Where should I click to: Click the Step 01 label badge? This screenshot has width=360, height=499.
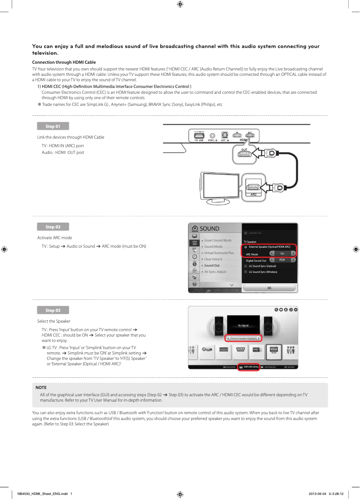(53, 127)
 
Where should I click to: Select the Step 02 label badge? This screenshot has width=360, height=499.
(53, 227)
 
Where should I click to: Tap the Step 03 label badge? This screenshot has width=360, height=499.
(53, 311)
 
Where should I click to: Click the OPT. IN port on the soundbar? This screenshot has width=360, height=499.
(225, 136)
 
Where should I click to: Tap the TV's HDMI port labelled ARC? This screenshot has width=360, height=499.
(253, 188)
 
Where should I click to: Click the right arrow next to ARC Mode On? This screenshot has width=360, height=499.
(293, 254)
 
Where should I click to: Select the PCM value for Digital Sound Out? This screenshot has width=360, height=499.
(282, 260)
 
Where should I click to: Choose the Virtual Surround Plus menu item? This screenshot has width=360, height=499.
(219, 253)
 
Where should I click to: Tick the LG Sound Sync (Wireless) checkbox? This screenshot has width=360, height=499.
(246, 272)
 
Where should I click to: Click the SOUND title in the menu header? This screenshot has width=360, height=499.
(210, 229)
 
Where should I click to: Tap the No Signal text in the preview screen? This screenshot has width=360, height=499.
(243, 325)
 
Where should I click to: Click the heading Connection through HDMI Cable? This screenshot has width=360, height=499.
(64, 62)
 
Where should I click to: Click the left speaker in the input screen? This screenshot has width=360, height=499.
(220, 325)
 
